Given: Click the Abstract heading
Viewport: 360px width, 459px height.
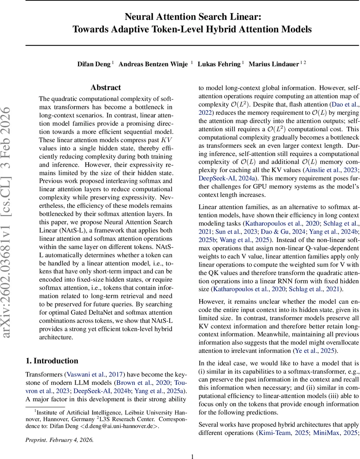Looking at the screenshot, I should (x=105, y=88).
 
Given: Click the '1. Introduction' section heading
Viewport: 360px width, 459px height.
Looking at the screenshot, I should (x=52, y=361).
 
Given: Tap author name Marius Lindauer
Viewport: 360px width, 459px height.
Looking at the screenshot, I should (x=274, y=64).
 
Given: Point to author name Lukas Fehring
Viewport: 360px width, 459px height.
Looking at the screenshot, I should (x=219, y=64).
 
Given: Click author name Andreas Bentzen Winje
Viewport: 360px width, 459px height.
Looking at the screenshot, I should (x=153, y=64).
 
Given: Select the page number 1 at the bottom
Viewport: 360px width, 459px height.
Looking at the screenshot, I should (x=193, y=456).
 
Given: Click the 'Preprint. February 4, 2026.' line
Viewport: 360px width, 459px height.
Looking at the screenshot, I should (x=59, y=440).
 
